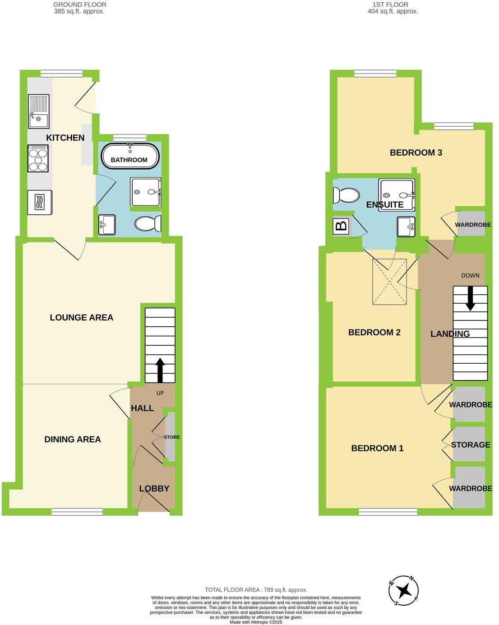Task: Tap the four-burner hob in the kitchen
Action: [38, 158]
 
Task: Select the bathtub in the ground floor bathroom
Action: [130, 156]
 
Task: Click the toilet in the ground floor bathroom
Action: [148, 224]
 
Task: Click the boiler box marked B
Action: [342, 225]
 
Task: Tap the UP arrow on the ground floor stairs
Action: [160, 370]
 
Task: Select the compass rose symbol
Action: [404, 590]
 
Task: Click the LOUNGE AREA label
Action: [81, 318]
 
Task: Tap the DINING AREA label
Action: [73, 440]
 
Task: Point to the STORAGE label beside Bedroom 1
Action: [471, 445]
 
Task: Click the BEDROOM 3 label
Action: [416, 153]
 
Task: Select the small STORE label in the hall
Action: [172, 437]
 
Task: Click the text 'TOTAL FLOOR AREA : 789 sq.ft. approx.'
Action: [256, 590]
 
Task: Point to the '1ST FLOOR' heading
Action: [390, 5]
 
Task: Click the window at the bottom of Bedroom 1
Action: [388, 511]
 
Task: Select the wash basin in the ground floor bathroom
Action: [107, 224]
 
